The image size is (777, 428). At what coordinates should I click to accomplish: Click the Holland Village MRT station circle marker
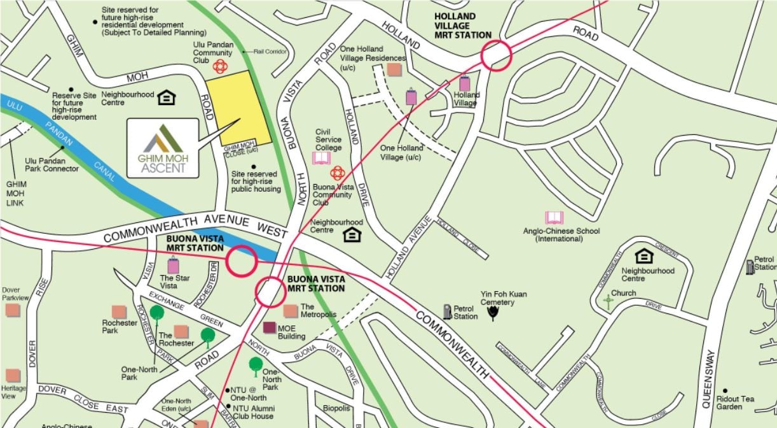(x=496, y=55)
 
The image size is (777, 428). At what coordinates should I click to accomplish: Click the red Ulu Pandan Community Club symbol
(x=219, y=67)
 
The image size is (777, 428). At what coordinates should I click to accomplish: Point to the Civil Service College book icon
(x=321, y=158)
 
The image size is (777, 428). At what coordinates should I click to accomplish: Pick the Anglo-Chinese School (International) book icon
(x=554, y=218)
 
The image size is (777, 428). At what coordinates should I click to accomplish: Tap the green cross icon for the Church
(x=609, y=303)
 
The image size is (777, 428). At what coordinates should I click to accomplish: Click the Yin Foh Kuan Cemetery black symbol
(x=492, y=313)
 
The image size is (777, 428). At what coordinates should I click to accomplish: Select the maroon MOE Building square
(x=270, y=328)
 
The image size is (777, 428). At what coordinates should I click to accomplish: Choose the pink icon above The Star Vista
(x=173, y=264)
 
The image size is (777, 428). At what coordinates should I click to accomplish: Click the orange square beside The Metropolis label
(x=291, y=311)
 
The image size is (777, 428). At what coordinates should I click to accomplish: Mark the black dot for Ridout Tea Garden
(x=725, y=390)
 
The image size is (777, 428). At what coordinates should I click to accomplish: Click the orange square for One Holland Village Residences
(x=394, y=69)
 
